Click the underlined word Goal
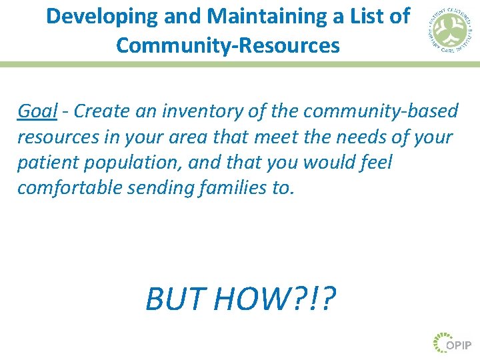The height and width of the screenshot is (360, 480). coord(37,111)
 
